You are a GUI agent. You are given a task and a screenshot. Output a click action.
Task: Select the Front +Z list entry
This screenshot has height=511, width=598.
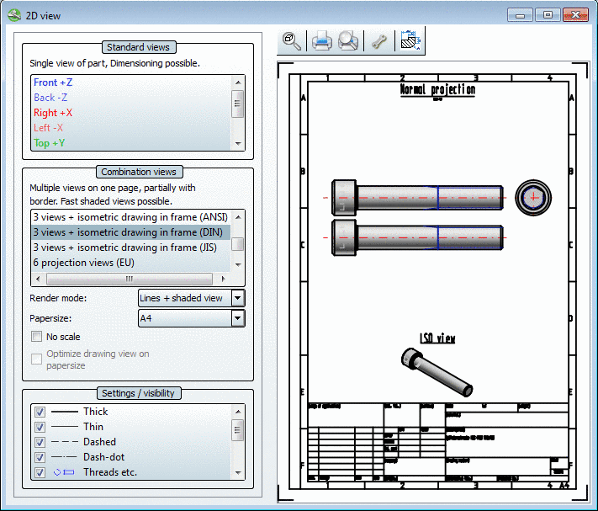pos(53,83)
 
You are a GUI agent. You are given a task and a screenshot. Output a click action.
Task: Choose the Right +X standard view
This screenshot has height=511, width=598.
pos(53,113)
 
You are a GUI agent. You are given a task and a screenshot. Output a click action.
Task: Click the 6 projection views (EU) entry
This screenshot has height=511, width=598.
pos(83,263)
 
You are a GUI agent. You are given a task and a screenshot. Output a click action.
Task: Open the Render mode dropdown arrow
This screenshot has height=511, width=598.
pos(237,298)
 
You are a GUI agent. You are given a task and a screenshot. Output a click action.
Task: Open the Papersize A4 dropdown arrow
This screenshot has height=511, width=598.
pos(237,318)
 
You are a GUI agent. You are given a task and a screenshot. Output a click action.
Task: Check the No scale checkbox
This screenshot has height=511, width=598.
pos(37,337)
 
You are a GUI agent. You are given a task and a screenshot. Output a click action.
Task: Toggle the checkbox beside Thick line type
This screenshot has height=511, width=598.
pos(40,412)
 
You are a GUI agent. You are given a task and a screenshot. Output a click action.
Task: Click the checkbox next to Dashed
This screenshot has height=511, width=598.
pos(40,442)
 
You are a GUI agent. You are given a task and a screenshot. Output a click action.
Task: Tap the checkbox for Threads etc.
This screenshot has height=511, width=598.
pos(40,472)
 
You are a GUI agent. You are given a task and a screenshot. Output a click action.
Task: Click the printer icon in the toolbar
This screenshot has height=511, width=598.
pos(322,41)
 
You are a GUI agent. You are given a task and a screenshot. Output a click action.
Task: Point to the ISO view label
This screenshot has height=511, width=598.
pos(437,338)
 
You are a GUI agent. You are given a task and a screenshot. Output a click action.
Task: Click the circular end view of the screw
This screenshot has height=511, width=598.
pos(533,197)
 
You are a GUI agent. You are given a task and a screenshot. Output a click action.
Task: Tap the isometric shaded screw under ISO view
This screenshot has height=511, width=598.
pos(436,370)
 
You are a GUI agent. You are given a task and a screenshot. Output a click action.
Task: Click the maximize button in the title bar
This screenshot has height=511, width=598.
pos(547,15)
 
